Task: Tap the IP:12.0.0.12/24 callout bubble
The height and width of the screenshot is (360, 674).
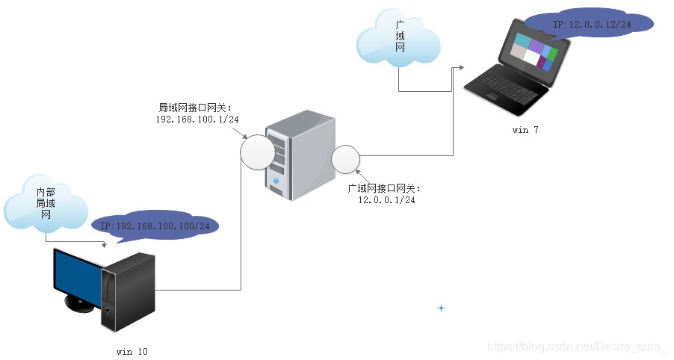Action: click(589, 25)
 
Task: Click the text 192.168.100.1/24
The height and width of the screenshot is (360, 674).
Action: click(197, 119)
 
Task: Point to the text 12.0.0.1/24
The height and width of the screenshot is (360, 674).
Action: click(386, 199)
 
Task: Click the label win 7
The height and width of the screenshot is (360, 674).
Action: click(525, 130)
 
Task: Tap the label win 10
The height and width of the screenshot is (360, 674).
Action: click(137, 351)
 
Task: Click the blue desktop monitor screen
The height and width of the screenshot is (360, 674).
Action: click(77, 273)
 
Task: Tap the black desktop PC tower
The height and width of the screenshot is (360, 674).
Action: click(129, 291)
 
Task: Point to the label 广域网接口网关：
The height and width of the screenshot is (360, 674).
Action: click(386, 188)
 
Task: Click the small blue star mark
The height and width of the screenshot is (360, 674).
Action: click(441, 308)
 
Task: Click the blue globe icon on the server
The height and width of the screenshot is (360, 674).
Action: click(276, 181)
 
